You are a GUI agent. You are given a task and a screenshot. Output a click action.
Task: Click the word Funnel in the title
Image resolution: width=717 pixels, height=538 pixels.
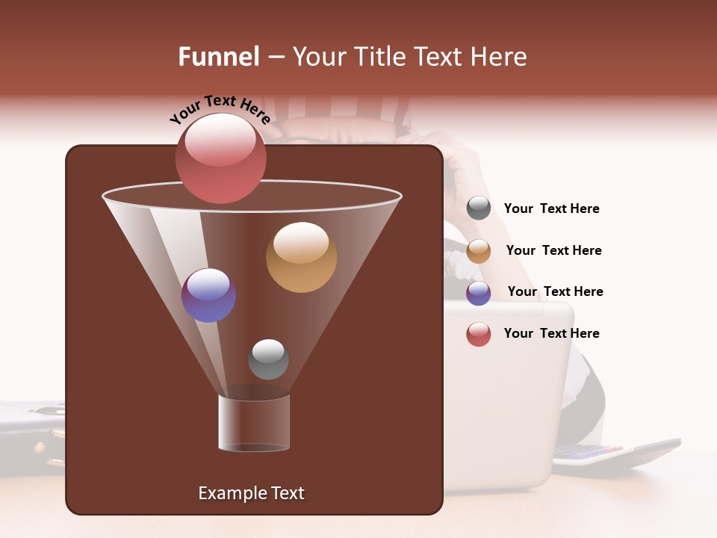[x=218, y=57]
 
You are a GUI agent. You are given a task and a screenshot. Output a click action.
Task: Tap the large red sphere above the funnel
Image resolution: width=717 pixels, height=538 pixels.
[x=220, y=158]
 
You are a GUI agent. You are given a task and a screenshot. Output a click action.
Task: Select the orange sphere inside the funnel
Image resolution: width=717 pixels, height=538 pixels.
[x=301, y=257]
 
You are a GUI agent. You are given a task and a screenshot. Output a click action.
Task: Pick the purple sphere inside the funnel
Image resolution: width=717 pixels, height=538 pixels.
[x=208, y=295]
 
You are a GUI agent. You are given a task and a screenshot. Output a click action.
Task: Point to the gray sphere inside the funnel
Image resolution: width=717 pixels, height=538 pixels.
[x=268, y=359]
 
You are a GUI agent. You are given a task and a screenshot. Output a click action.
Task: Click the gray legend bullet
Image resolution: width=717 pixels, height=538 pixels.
[x=479, y=208]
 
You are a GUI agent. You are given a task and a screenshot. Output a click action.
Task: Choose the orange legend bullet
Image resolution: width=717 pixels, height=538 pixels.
[x=479, y=251]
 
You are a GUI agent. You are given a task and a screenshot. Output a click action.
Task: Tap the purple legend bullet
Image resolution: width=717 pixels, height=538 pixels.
[x=479, y=293]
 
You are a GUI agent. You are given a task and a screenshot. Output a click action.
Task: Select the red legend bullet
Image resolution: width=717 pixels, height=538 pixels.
[x=479, y=334]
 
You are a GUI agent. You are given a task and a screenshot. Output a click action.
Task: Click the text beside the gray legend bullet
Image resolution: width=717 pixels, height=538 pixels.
[x=551, y=209]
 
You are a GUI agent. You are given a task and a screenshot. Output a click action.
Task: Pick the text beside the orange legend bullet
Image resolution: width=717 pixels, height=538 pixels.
[x=553, y=250]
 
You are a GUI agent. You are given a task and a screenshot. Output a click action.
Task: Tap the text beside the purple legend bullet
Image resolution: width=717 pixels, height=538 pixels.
[x=555, y=291]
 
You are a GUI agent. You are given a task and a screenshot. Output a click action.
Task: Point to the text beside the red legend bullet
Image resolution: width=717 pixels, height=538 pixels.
[x=551, y=333]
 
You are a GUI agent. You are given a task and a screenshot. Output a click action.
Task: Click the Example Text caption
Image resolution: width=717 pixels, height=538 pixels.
[x=251, y=493]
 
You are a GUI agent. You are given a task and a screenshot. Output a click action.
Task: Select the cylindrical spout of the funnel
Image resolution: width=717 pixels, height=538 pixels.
[x=254, y=422]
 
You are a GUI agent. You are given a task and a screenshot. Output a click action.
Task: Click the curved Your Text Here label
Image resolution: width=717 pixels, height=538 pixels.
[x=220, y=110]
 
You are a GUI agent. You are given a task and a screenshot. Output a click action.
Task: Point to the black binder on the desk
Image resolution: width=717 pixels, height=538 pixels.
[x=30, y=433]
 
